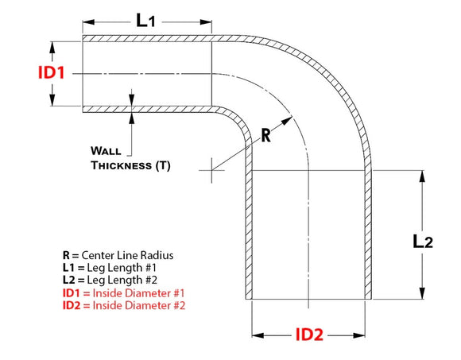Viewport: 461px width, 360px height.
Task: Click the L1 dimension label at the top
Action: point(145,21)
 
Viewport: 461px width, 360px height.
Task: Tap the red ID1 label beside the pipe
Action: point(52,72)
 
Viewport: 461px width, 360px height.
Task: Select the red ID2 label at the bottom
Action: point(309,335)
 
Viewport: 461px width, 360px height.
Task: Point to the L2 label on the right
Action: point(423,242)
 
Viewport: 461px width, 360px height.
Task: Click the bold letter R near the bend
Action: point(265,135)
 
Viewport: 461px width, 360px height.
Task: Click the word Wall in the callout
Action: point(106,151)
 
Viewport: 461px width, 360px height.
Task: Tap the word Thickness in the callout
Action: point(121,165)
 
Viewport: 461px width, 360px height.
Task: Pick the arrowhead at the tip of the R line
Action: point(287,121)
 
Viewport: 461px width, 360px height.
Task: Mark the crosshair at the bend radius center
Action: point(211,170)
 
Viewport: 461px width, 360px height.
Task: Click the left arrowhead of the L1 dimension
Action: point(88,22)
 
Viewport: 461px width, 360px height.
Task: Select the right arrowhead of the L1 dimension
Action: point(206,22)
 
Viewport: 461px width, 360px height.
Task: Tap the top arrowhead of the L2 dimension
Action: point(422,176)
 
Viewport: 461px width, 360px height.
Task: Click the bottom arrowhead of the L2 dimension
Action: point(422,293)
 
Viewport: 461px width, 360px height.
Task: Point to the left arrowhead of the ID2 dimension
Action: point(258,335)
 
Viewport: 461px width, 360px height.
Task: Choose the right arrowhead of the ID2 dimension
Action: point(359,335)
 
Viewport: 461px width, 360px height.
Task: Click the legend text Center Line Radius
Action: point(127,255)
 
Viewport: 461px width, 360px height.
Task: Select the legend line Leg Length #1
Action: point(122,268)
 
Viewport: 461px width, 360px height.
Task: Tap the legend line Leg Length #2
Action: point(122,280)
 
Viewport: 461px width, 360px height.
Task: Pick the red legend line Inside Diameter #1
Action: point(138,293)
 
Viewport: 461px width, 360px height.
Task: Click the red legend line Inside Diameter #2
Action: point(139,305)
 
